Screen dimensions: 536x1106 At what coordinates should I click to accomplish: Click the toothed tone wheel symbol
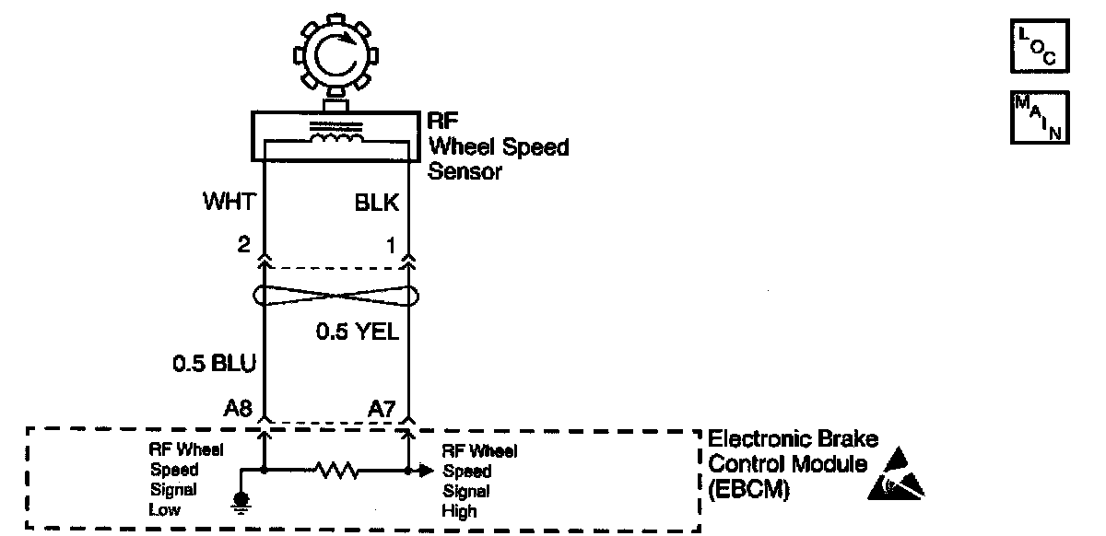click(335, 57)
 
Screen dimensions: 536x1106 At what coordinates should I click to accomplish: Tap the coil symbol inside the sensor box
click(335, 138)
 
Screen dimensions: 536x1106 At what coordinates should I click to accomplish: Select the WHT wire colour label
click(228, 203)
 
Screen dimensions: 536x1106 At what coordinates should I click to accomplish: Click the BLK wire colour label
click(377, 203)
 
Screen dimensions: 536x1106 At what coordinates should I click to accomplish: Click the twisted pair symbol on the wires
click(335, 297)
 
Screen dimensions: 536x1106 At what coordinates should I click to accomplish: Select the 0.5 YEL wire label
click(358, 332)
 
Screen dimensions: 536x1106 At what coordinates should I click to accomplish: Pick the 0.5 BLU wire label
click(215, 365)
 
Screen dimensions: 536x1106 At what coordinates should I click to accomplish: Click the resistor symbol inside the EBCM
click(335, 471)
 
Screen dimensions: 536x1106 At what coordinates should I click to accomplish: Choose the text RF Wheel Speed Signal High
click(479, 480)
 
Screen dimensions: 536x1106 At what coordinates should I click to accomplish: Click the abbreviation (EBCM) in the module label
click(748, 490)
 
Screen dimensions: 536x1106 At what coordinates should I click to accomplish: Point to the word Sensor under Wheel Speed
click(465, 170)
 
